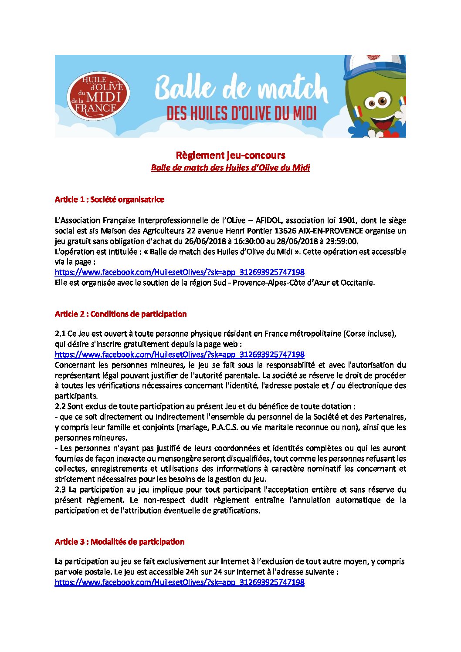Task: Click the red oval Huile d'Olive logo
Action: pos(98,96)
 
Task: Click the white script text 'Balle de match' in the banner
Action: pos(241,88)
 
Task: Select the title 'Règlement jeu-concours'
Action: pos(230,155)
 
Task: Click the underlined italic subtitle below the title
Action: pos(230,168)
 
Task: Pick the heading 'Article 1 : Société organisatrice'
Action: pos(109,199)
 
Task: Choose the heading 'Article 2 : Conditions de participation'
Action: pos(121,314)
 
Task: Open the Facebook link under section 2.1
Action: pos(180,355)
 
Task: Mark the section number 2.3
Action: pos(60,490)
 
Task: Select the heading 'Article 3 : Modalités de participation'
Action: pos(119,542)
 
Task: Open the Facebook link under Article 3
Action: pos(180,582)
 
